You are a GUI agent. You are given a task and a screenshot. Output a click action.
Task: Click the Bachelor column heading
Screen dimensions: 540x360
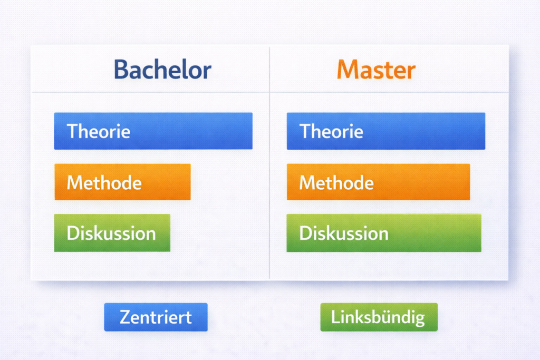[x=162, y=70]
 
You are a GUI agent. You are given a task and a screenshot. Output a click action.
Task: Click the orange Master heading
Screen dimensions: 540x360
[x=376, y=70]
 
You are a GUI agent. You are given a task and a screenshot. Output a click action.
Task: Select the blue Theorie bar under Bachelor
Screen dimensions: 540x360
[x=153, y=131]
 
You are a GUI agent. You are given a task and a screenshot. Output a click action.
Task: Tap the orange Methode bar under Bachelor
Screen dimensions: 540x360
[x=122, y=182]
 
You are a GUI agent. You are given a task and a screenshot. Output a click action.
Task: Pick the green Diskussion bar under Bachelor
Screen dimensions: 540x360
[x=112, y=232]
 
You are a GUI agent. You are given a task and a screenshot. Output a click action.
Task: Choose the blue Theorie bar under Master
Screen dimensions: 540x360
[x=386, y=131]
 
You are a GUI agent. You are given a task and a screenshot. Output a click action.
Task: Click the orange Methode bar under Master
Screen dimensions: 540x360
[x=379, y=182]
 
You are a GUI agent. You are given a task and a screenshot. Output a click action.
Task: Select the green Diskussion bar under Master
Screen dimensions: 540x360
[x=384, y=232]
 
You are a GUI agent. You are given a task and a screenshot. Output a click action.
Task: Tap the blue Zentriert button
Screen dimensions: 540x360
[x=156, y=317]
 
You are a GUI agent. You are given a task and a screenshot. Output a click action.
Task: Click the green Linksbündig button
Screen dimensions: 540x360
[x=379, y=317]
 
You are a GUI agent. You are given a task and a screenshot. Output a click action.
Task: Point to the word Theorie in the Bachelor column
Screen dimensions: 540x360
[x=99, y=131]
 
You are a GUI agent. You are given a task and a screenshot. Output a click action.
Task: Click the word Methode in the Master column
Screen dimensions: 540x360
[x=336, y=182]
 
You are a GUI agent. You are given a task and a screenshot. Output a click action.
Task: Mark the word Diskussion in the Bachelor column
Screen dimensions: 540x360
[x=111, y=233]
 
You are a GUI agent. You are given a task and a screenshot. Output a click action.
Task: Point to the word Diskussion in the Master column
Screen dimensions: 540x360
[x=344, y=233]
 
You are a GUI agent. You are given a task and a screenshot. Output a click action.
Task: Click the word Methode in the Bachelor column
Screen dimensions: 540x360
[x=104, y=182]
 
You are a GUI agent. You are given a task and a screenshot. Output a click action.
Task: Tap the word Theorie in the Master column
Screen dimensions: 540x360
[x=331, y=131]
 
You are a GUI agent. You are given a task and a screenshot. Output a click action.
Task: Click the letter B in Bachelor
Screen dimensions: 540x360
[x=121, y=70]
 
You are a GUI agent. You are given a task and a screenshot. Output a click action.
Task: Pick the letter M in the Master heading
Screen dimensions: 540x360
[x=346, y=70]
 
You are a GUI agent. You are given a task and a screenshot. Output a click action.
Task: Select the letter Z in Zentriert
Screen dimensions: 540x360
[x=125, y=317]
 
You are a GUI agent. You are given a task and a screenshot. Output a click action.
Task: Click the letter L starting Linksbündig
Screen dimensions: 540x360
[x=335, y=317]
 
